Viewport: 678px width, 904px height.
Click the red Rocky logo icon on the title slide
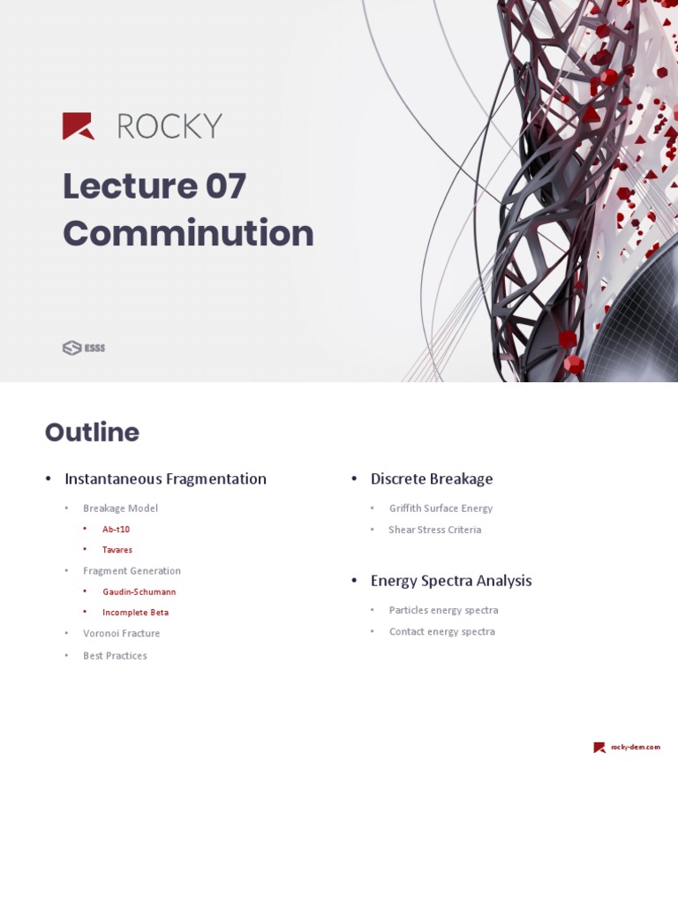pyautogui.click(x=78, y=126)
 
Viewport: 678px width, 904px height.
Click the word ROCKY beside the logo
pyautogui.click(x=169, y=126)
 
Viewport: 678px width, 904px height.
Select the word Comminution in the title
pyautogui.click(x=188, y=233)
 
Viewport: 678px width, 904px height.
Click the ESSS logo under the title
pyautogui.click(x=84, y=348)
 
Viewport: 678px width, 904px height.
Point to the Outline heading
pyautogui.click(x=92, y=433)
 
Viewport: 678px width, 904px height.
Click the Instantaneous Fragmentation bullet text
pyautogui.click(x=165, y=478)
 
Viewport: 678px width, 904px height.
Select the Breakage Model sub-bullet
pyautogui.click(x=120, y=508)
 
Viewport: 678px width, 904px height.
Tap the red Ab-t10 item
pyautogui.click(x=116, y=529)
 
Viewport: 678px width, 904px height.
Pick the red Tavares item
pyautogui.click(x=117, y=550)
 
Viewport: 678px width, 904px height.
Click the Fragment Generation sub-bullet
pyautogui.click(x=132, y=571)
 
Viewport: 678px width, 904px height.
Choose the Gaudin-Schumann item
pyautogui.click(x=139, y=591)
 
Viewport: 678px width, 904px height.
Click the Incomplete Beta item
pyautogui.click(x=135, y=612)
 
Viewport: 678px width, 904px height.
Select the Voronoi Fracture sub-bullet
pyautogui.click(x=121, y=633)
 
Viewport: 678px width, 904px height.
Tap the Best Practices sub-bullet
pyautogui.click(x=115, y=656)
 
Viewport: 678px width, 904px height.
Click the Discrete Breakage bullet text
pyautogui.click(x=432, y=478)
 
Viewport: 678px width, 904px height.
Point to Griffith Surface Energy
pyautogui.click(x=441, y=508)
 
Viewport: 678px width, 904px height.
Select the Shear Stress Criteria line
pyautogui.click(x=434, y=530)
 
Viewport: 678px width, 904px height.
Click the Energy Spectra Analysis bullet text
pyautogui.click(x=451, y=581)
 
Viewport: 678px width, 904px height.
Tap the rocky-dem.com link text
pyautogui.click(x=635, y=747)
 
